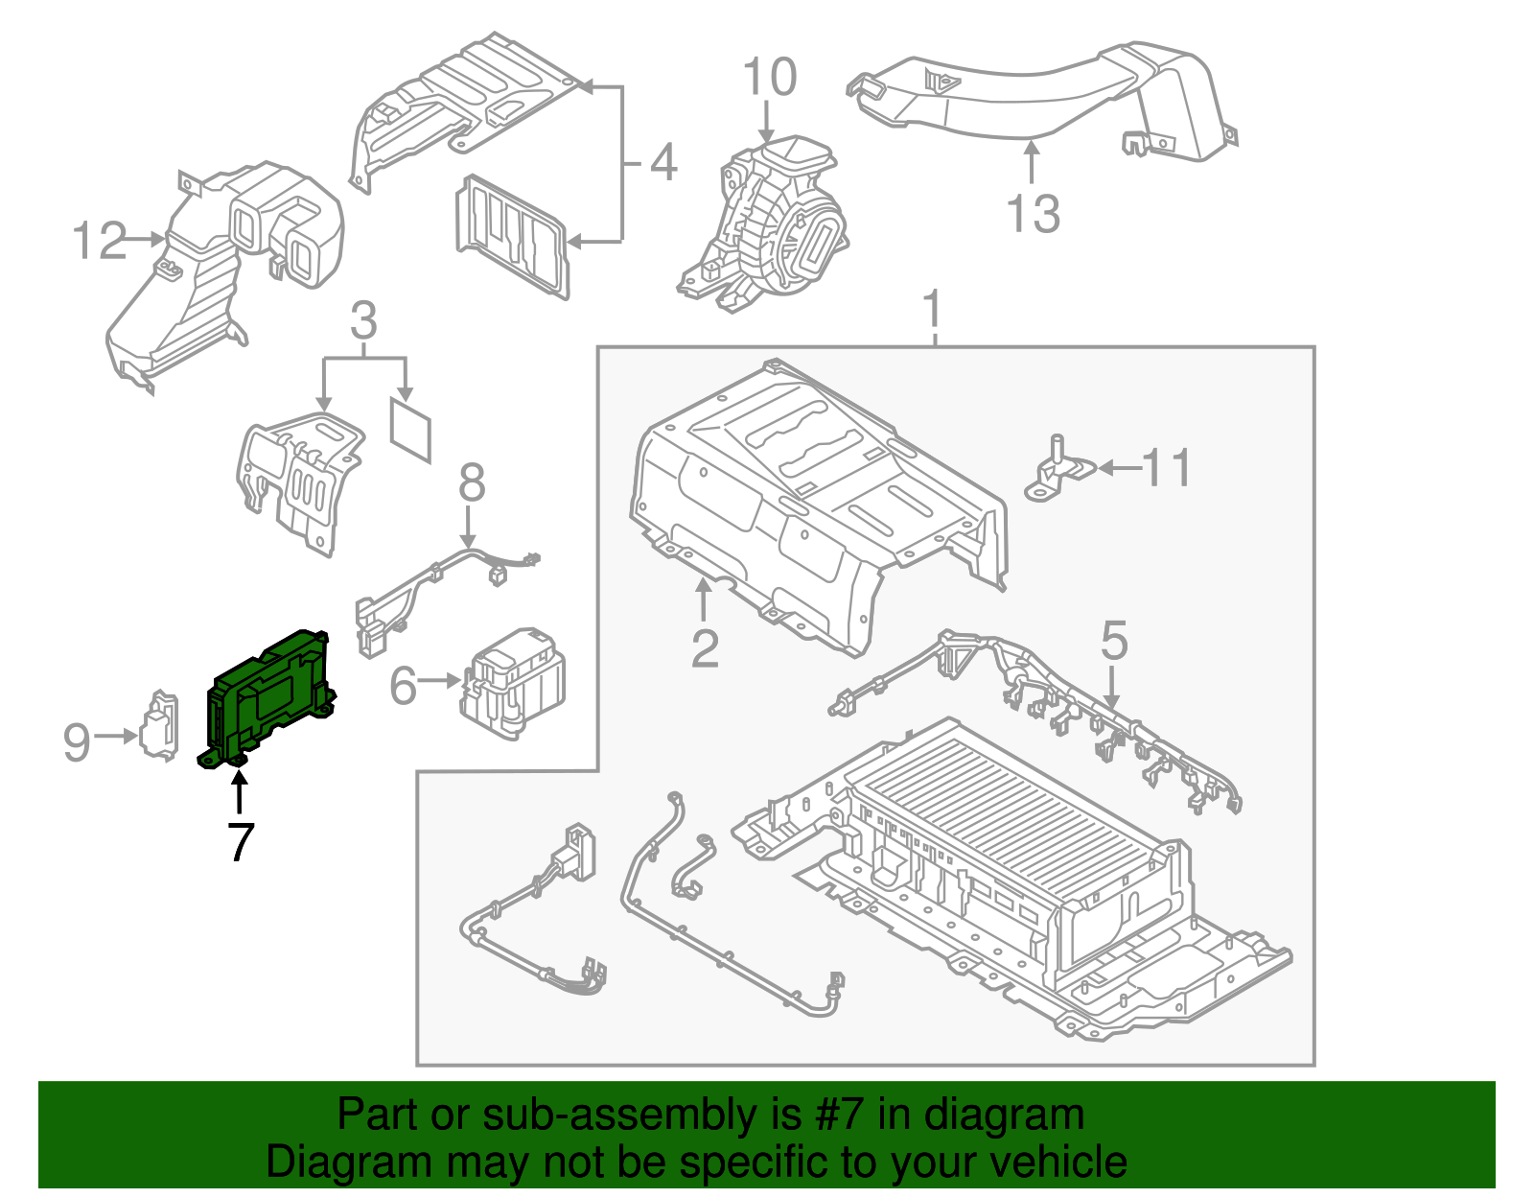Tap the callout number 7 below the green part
(240, 842)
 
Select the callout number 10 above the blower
(769, 78)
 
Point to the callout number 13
(1034, 214)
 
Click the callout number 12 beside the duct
(100, 241)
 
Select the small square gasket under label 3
(410, 432)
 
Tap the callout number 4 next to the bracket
(662, 162)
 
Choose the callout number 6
(404, 686)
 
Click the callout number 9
(77, 742)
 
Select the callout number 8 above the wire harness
(472, 483)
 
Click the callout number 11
(1166, 468)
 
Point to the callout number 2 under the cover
(705, 648)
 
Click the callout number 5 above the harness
(1113, 641)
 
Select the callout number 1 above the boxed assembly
(932, 311)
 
